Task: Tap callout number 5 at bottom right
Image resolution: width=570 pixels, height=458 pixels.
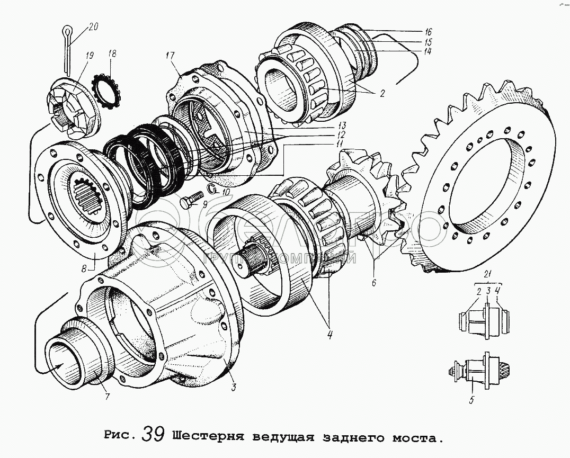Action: [471, 400]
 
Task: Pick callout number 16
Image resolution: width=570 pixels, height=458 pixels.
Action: [428, 32]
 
